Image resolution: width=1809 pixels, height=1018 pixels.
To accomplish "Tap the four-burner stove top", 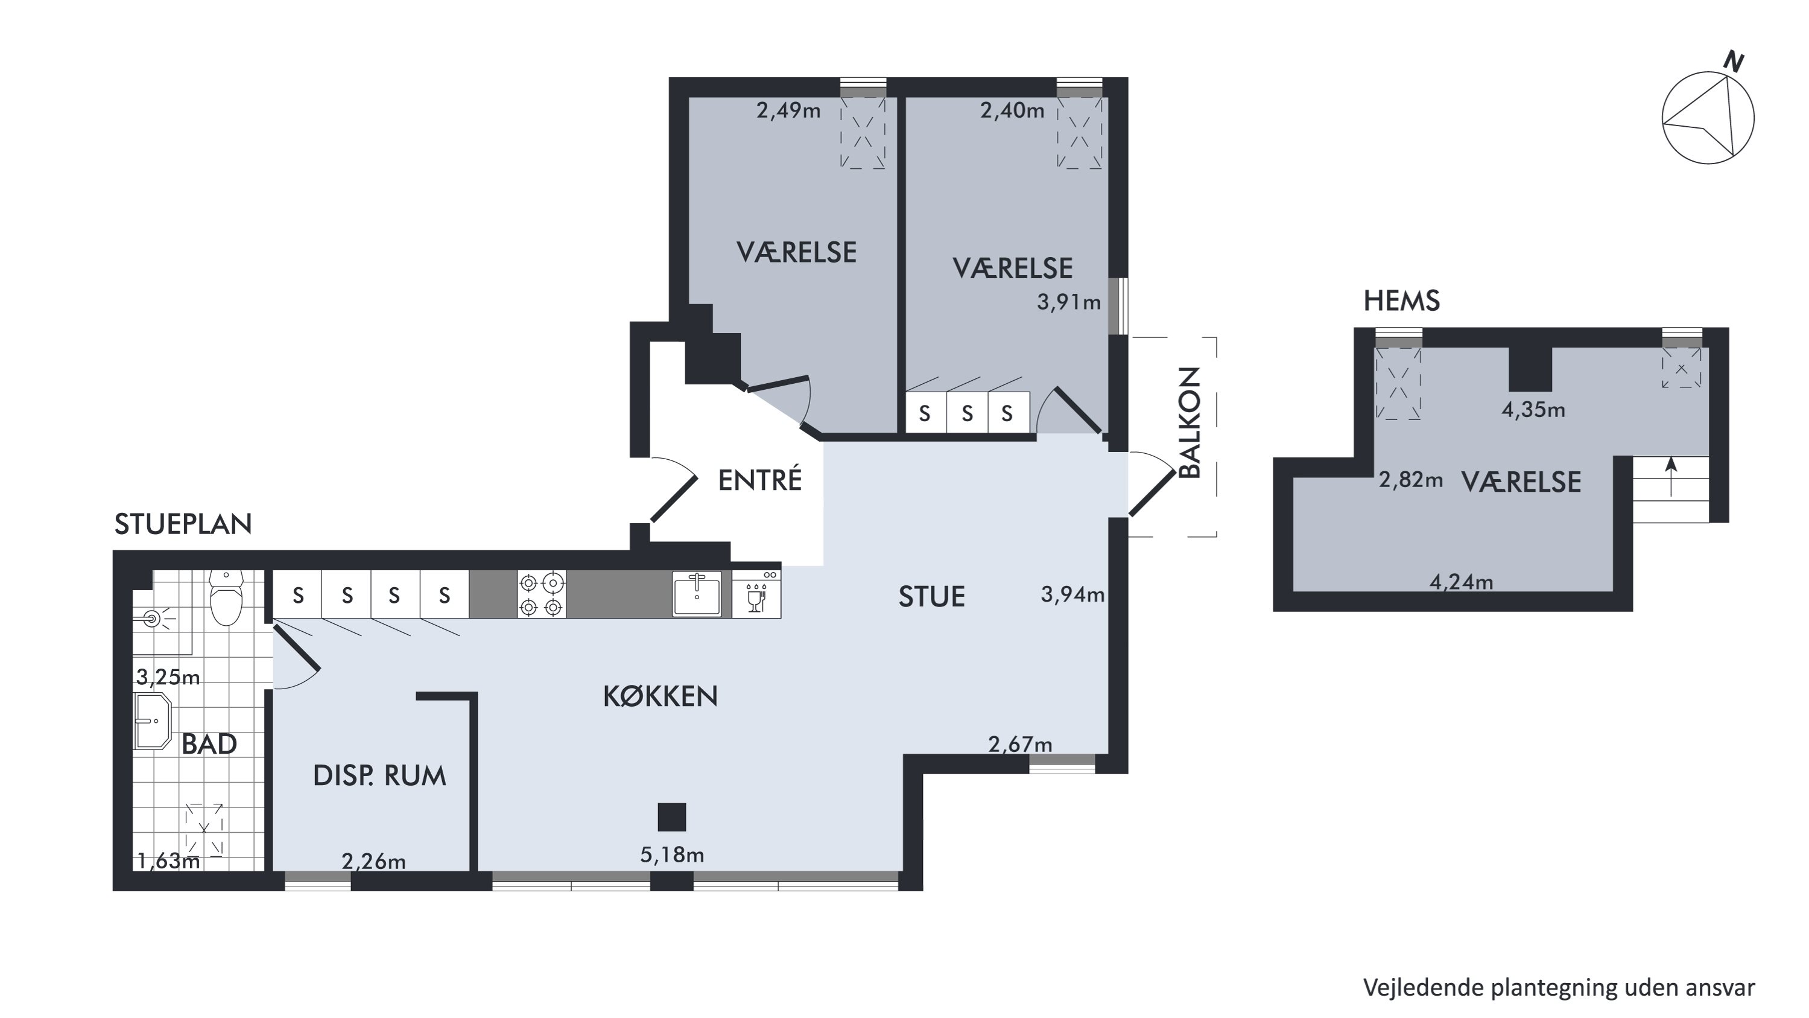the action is click(542, 594).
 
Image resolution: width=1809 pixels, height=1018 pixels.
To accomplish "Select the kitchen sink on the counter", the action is click(697, 594).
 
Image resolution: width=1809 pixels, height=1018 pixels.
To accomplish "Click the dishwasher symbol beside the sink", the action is click(756, 594).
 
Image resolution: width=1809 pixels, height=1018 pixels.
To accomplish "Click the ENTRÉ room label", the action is click(760, 480).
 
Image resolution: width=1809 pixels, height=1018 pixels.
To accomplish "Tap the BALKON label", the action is click(1190, 422).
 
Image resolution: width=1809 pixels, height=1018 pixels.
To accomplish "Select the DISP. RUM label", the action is click(379, 775).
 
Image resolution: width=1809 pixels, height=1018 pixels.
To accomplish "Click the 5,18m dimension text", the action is click(672, 854).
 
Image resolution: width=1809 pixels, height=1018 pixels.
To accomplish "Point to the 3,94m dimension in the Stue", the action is click(1072, 594).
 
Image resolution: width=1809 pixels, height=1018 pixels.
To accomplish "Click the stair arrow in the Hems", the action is click(1671, 476).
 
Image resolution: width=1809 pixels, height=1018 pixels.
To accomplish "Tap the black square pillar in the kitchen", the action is click(672, 817).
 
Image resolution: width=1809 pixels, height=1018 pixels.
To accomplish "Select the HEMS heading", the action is click(1402, 301).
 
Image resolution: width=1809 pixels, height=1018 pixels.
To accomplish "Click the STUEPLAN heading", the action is click(183, 524).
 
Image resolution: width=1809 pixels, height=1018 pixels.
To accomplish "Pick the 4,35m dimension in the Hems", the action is click(1533, 410).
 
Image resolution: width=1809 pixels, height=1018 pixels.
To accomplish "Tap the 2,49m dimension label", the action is click(788, 110).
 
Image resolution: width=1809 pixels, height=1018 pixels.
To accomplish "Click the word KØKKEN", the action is click(660, 696).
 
